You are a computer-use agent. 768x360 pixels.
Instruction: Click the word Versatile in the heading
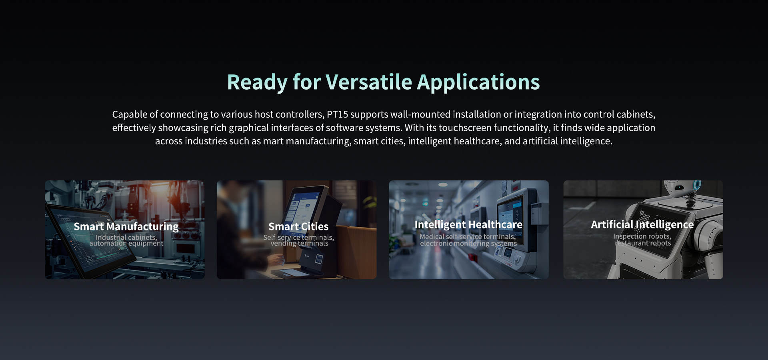(369, 82)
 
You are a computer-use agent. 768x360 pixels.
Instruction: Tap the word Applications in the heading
(478, 83)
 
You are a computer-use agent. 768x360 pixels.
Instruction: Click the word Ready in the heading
(257, 83)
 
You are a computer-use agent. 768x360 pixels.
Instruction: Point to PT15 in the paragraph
(338, 114)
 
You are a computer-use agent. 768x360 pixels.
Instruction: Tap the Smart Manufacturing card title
(126, 226)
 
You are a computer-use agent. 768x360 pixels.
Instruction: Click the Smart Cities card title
(298, 226)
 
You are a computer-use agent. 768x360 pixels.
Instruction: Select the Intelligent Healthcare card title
(468, 225)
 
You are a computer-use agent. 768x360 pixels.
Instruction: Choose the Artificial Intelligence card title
(642, 225)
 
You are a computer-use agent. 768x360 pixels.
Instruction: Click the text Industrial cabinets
(126, 237)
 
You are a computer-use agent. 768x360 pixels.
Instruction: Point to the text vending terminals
(299, 243)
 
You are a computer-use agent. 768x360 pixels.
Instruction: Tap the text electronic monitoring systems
(468, 243)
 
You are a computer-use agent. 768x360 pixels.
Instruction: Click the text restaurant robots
(643, 243)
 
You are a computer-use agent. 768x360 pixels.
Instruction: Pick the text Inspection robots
(642, 236)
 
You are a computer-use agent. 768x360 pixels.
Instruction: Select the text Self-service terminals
(298, 237)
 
